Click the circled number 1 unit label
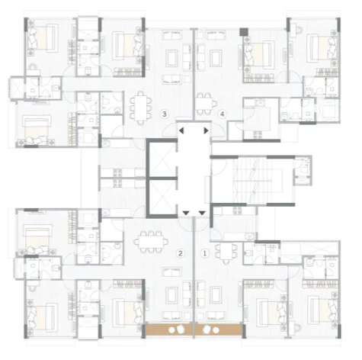(x=203, y=252)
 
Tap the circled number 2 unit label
(x=181, y=252)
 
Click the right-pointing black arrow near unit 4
(x=207, y=130)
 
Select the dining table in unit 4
(x=205, y=102)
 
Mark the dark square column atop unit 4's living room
(x=244, y=33)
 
